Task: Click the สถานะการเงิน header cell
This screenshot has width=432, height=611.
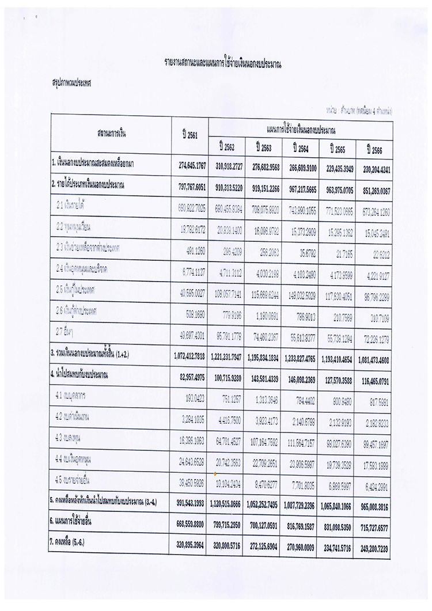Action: (x=111, y=135)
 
